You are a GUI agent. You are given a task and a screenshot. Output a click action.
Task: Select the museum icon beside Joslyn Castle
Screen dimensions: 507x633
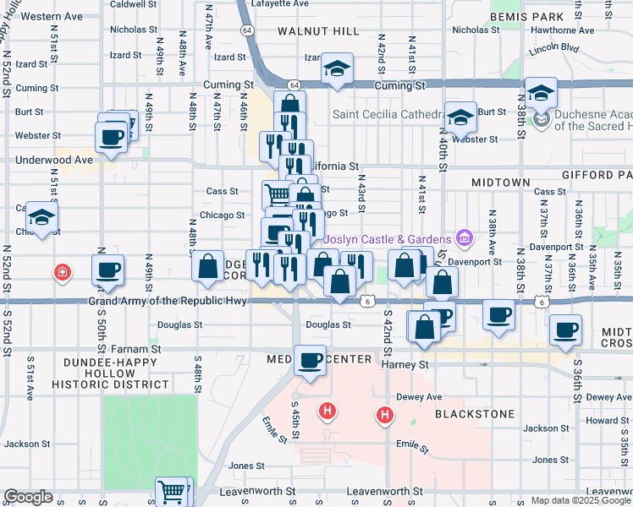click(x=463, y=239)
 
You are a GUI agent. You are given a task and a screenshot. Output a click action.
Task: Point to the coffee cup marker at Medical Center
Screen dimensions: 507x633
click(x=311, y=361)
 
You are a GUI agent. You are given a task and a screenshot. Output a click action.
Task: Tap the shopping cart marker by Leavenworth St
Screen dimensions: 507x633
click(x=173, y=491)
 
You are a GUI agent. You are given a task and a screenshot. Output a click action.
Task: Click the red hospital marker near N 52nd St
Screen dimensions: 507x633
click(x=61, y=272)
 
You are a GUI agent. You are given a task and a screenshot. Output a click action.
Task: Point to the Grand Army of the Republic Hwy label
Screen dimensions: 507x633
click(x=168, y=301)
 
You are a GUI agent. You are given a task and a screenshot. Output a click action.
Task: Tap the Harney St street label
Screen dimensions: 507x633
click(x=407, y=365)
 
